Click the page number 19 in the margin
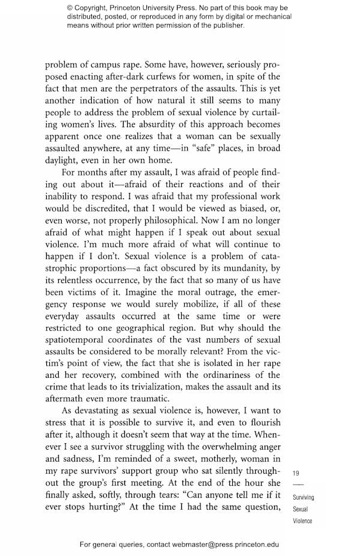point(296,473)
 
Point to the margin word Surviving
point(303,497)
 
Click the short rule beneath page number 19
point(296,485)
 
